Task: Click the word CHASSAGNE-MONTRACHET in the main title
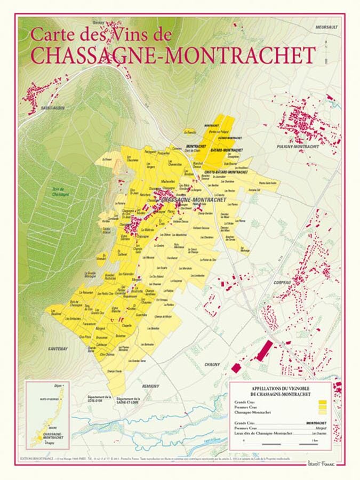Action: pyautogui.click(x=173, y=54)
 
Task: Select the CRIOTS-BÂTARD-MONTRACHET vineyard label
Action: pyautogui.click(x=226, y=172)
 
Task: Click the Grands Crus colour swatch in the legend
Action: pyautogui.click(x=322, y=403)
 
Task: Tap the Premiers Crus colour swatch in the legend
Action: pyautogui.click(x=322, y=407)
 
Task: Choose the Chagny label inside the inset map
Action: pyautogui.click(x=50, y=443)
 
